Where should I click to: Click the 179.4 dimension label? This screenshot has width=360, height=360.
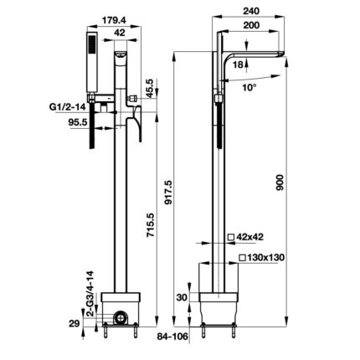coord(114,20)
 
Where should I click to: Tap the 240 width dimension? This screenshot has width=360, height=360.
coord(251,11)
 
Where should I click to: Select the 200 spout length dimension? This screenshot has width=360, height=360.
coord(251,25)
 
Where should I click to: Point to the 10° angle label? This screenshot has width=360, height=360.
coord(249,87)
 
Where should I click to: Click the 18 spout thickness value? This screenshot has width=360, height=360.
coord(238,64)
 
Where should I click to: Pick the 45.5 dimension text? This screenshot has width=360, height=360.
coord(150,89)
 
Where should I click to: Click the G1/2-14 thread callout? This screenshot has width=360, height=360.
coord(68,107)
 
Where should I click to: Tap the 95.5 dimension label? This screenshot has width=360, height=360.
coord(78,122)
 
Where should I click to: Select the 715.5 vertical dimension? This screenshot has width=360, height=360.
coord(151,225)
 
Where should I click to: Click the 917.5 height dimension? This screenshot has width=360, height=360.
coord(169,193)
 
